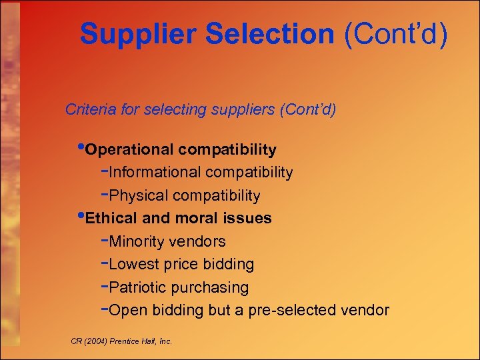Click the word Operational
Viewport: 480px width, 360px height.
coord(130,149)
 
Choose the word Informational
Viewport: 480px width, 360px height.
coord(155,173)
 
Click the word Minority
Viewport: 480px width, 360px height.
coord(137,241)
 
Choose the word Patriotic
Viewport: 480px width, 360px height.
coord(138,288)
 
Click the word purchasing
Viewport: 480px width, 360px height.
coord(210,288)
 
